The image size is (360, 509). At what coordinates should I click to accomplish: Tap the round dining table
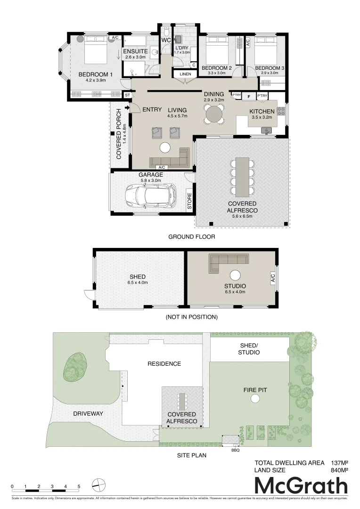[x=214, y=114]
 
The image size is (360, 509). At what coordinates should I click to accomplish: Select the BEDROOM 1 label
[x=95, y=74]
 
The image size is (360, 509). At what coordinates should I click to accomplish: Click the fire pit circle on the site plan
[x=255, y=399]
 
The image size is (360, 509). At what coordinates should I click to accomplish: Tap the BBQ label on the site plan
[x=235, y=450]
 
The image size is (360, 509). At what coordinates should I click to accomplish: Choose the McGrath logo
[x=301, y=485]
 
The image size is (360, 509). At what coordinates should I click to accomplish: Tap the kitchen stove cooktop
[x=281, y=111]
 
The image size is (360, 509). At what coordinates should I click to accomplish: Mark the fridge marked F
[x=248, y=96]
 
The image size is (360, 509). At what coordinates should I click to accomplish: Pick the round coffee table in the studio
[x=235, y=275]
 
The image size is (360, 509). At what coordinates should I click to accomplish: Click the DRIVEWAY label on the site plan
[x=88, y=413]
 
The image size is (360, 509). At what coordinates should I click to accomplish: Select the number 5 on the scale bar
[x=79, y=486]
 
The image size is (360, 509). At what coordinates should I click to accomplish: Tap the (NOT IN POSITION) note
[x=191, y=317]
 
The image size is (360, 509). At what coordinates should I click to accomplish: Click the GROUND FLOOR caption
[x=192, y=237]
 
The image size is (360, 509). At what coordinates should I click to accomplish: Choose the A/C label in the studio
[x=272, y=279]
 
